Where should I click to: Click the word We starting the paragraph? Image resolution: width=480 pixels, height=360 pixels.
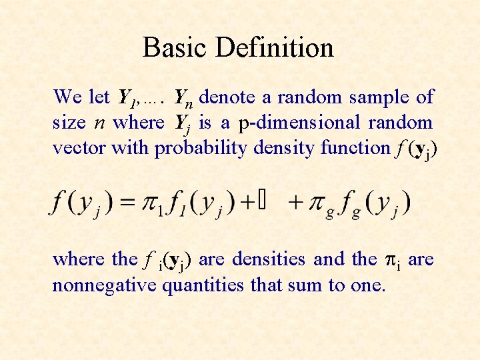point(67,97)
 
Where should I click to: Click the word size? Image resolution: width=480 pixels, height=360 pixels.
point(69,123)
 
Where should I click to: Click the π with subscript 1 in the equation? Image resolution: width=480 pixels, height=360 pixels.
point(151,203)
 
